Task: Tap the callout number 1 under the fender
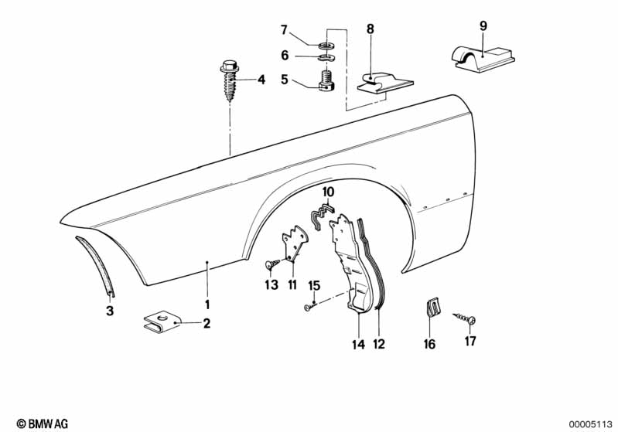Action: pos(207,304)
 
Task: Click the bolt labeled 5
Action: pos(326,80)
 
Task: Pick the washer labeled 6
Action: pos(326,58)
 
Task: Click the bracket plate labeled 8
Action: pos(382,83)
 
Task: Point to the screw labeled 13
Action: pos(271,265)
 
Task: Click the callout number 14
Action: pos(357,345)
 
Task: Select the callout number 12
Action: pos(379,345)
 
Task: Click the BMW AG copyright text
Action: pos(39,423)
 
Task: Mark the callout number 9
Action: pos(483,26)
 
